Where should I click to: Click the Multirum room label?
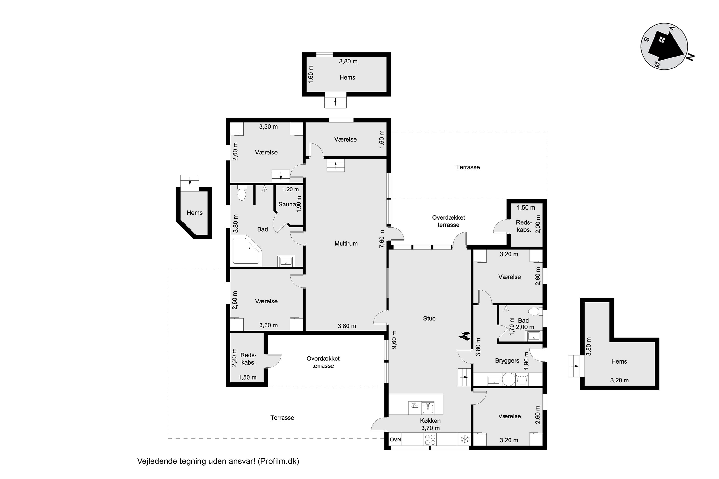[x=346, y=244]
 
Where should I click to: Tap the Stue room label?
[x=429, y=318]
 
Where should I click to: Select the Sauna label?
[x=287, y=204]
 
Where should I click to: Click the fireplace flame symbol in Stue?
[x=464, y=336]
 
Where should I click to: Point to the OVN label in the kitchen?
[x=395, y=439]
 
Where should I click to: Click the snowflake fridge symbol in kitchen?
[x=465, y=439]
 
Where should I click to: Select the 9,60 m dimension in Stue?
[x=394, y=340]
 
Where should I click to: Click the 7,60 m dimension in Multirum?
[x=382, y=239]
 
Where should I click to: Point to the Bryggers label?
[x=507, y=361]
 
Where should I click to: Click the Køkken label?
[x=430, y=421]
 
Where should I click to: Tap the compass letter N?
[x=690, y=57]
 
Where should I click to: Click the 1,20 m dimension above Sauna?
[x=290, y=189]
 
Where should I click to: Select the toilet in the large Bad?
[x=242, y=193]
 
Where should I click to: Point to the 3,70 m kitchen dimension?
[x=430, y=428]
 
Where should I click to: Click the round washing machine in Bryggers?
[x=508, y=380]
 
